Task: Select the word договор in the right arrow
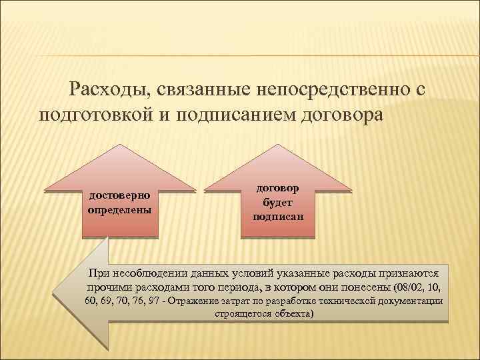pos(279,189)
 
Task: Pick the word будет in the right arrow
pos(279,203)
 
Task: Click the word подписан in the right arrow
pos(279,216)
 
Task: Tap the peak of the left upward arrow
pos(120,146)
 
